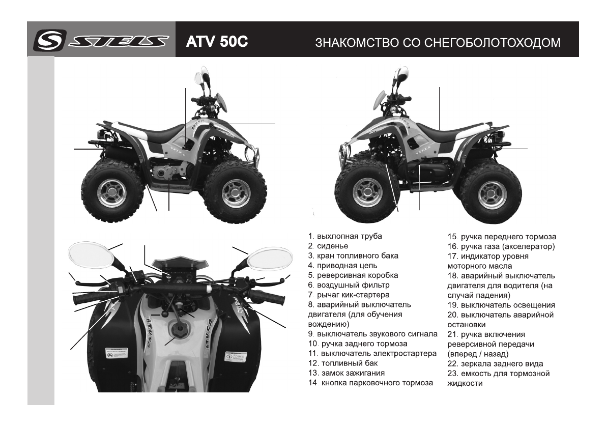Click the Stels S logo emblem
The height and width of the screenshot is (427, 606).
click(47, 40)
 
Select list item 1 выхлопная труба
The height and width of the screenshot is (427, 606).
click(345, 237)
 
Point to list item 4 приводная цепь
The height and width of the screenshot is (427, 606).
click(342, 266)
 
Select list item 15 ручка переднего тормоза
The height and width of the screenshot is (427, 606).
click(502, 237)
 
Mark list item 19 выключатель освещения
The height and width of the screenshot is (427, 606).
click(501, 305)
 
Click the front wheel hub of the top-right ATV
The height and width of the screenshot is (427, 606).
click(368, 192)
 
